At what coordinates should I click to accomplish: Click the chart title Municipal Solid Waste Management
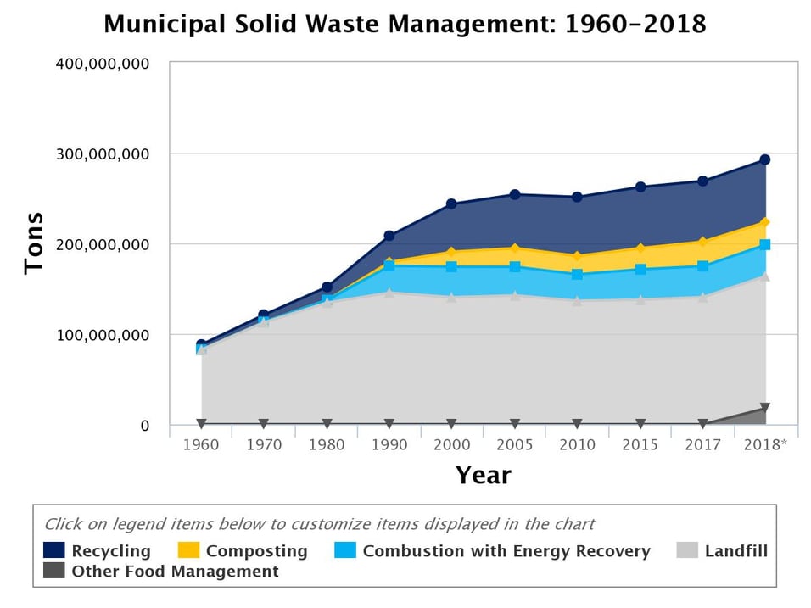tap(405, 24)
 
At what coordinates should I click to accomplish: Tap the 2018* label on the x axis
tap(764, 444)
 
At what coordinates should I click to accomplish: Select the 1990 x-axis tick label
tap(389, 444)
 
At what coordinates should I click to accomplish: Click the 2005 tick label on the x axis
tap(514, 444)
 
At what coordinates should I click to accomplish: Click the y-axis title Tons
tap(34, 243)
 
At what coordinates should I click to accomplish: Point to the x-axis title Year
tap(483, 475)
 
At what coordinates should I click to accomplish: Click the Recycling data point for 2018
tap(764, 159)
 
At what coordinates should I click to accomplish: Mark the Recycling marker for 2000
tap(451, 204)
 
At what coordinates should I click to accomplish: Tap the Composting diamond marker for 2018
tap(764, 223)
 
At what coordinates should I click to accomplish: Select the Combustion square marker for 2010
tap(577, 275)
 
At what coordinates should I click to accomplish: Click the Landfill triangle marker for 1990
tap(389, 293)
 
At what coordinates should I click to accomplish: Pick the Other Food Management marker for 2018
tap(764, 409)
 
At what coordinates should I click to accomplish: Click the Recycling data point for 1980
tap(327, 287)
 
